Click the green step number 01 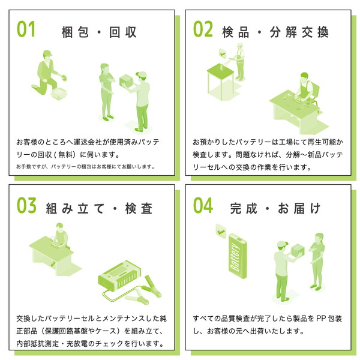click(x=26, y=29)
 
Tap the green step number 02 click(x=203, y=29)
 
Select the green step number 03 click(x=26, y=205)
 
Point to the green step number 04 click(x=203, y=205)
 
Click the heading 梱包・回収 click(x=99, y=32)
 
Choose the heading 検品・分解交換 click(x=275, y=32)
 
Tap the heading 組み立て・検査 click(x=99, y=208)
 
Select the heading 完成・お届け click(x=275, y=208)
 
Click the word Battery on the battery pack click(x=235, y=257)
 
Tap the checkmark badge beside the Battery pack click(x=221, y=232)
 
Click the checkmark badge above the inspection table click(x=223, y=54)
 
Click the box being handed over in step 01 click(x=126, y=80)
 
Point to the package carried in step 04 click(x=298, y=250)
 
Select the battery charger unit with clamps click(x=119, y=275)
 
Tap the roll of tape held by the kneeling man click(x=64, y=78)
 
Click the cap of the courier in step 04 click(x=283, y=244)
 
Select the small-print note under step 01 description click(x=85, y=166)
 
